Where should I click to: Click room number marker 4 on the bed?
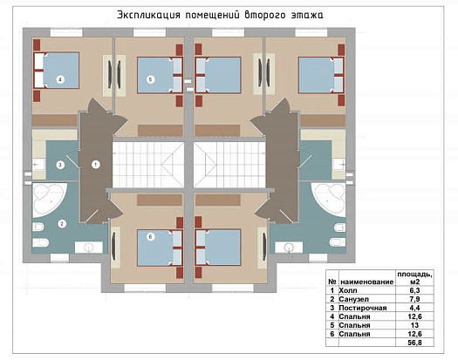click(x=60, y=79)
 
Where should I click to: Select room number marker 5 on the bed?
click(x=150, y=79)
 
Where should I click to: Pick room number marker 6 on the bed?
click(x=149, y=236)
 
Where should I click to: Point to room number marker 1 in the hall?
click(x=95, y=163)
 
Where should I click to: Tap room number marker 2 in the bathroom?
click(x=62, y=223)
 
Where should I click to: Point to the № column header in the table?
click(x=332, y=282)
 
